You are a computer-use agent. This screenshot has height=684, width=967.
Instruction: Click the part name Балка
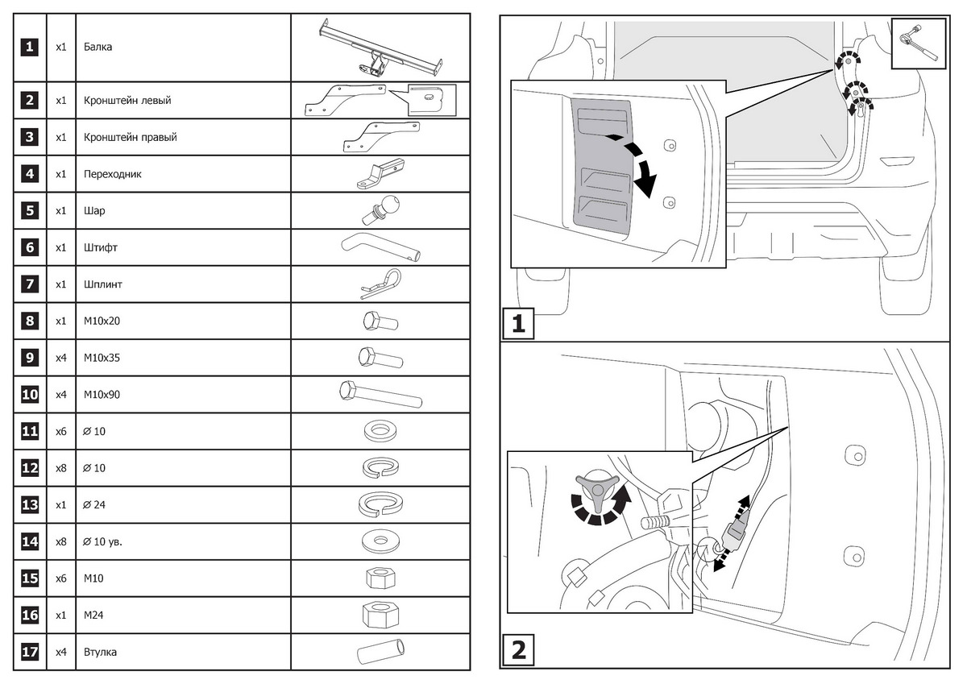pyautogui.click(x=98, y=47)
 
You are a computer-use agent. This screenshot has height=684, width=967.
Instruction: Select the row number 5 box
pyautogui.click(x=29, y=210)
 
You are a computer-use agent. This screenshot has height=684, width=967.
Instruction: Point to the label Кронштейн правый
pyautogui.click(x=130, y=137)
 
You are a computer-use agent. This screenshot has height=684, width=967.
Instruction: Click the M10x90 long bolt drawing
pyautogui.click(x=380, y=395)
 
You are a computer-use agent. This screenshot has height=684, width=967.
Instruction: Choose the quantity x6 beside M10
pyautogui.click(x=60, y=578)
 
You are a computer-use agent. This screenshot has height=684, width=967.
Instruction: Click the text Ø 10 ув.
pyautogui.click(x=102, y=542)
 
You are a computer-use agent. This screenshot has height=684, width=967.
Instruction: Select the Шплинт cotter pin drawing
pyautogui.click(x=379, y=284)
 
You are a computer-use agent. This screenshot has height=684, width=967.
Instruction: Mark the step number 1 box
pyautogui.click(x=519, y=324)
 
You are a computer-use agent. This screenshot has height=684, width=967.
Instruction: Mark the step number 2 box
pyautogui.click(x=519, y=649)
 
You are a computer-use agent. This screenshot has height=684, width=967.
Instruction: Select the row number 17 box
pyautogui.click(x=29, y=651)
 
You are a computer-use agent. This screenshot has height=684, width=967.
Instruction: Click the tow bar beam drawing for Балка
pyautogui.click(x=379, y=47)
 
